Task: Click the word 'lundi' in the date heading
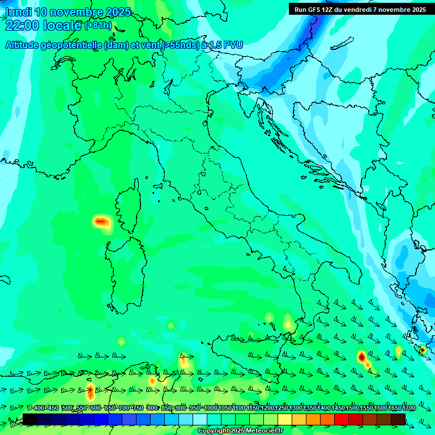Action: [18, 12]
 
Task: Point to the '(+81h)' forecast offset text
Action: [98, 25]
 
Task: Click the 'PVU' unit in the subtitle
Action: [232, 45]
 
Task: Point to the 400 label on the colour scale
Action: [39, 408]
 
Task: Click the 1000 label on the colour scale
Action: [210, 408]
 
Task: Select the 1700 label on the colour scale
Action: [394, 408]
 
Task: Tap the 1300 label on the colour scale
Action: [295, 408]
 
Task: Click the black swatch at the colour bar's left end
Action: [30, 419]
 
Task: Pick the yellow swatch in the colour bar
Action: [285, 419]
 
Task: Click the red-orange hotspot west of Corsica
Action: [101, 221]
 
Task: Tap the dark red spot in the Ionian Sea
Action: [361, 357]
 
